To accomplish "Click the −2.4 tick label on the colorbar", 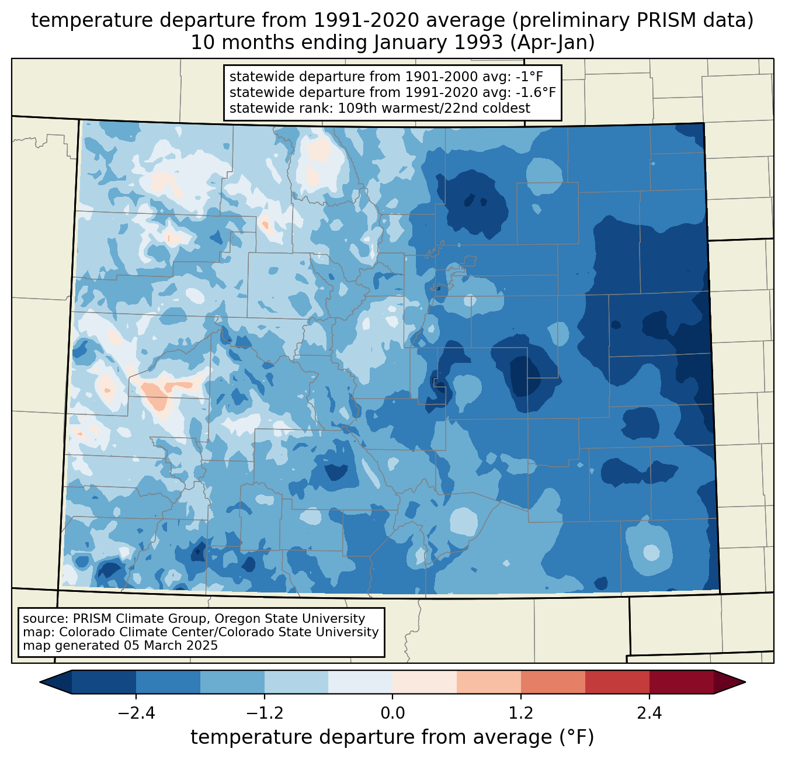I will [x=136, y=713].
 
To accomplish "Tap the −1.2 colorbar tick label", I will [x=264, y=713].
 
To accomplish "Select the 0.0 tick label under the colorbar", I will [x=392, y=713].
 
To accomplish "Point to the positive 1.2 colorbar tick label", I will [x=521, y=713].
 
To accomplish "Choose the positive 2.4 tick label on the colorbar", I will [x=649, y=713].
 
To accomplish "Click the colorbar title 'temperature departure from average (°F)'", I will [x=392, y=737].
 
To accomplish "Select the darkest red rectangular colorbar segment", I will [x=681, y=682].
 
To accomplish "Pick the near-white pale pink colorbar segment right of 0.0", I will [x=425, y=682].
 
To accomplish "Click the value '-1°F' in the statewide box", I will [x=532, y=77].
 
